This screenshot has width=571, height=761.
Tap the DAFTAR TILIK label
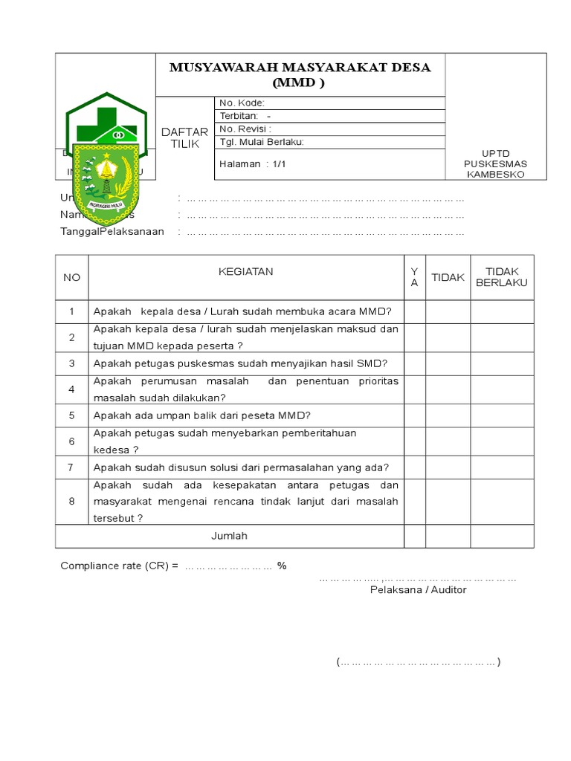pyautogui.click(x=184, y=137)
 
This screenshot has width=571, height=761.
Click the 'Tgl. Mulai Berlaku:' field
pyautogui.click(x=262, y=142)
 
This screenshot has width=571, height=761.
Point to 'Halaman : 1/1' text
pyautogui.click(x=253, y=163)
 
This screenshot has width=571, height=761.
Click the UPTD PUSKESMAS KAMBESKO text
pyautogui.click(x=494, y=163)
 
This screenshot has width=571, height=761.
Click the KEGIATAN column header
pyautogui.click(x=245, y=272)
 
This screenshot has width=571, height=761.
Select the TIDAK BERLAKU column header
pyautogui.click(x=502, y=277)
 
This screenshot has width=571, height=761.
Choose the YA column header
pyautogui.click(x=414, y=277)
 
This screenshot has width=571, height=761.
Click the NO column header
pyautogui.click(x=71, y=277)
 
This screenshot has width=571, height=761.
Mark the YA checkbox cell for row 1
pyautogui.click(x=414, y=311)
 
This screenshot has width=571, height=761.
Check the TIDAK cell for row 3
pyautogui.click(x=448, y=363)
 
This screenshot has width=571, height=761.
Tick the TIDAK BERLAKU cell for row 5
pyautogui.click(x=502, y=415)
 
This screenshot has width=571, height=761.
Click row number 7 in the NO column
pyautogui.click(x=71, y=467)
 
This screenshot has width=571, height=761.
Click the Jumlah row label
pyautogui.click(x=229, y=536)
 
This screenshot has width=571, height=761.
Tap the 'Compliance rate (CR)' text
pyautogui.click(x=119, y=566)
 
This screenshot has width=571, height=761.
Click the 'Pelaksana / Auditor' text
pyautogui.click(x=419, y=590)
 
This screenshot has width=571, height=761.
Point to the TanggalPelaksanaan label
pyautogui.click(x=112, y=232)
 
